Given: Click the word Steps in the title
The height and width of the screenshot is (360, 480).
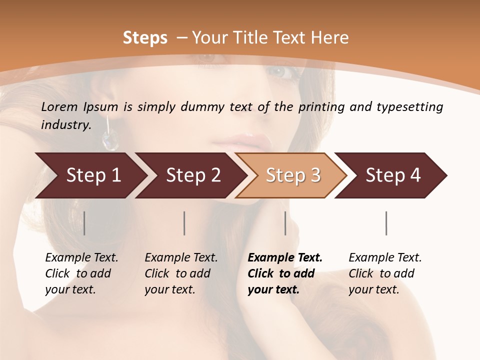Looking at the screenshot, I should pos(145,38).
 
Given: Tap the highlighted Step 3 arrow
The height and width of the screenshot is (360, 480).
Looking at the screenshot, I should pos(293,175).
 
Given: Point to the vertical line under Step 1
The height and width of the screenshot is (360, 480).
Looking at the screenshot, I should pos(84,223).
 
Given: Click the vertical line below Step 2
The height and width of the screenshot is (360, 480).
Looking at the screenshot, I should pos(184,223).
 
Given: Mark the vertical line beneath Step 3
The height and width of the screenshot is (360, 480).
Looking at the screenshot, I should pos(285,223).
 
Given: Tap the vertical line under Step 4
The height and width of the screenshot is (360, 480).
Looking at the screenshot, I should pos(386,223).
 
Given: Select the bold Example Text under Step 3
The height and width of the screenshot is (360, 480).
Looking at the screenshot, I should pos(285,273).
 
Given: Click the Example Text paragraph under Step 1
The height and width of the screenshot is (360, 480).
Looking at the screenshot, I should pos(81,273).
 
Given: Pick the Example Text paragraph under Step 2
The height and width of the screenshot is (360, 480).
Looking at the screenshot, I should pos(181,273).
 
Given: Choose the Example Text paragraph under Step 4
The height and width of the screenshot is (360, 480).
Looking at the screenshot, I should pos(385,273).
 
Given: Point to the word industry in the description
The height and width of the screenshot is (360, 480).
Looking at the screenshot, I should pos(65,125).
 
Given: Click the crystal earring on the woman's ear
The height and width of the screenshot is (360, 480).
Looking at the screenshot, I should pos(109,139).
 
